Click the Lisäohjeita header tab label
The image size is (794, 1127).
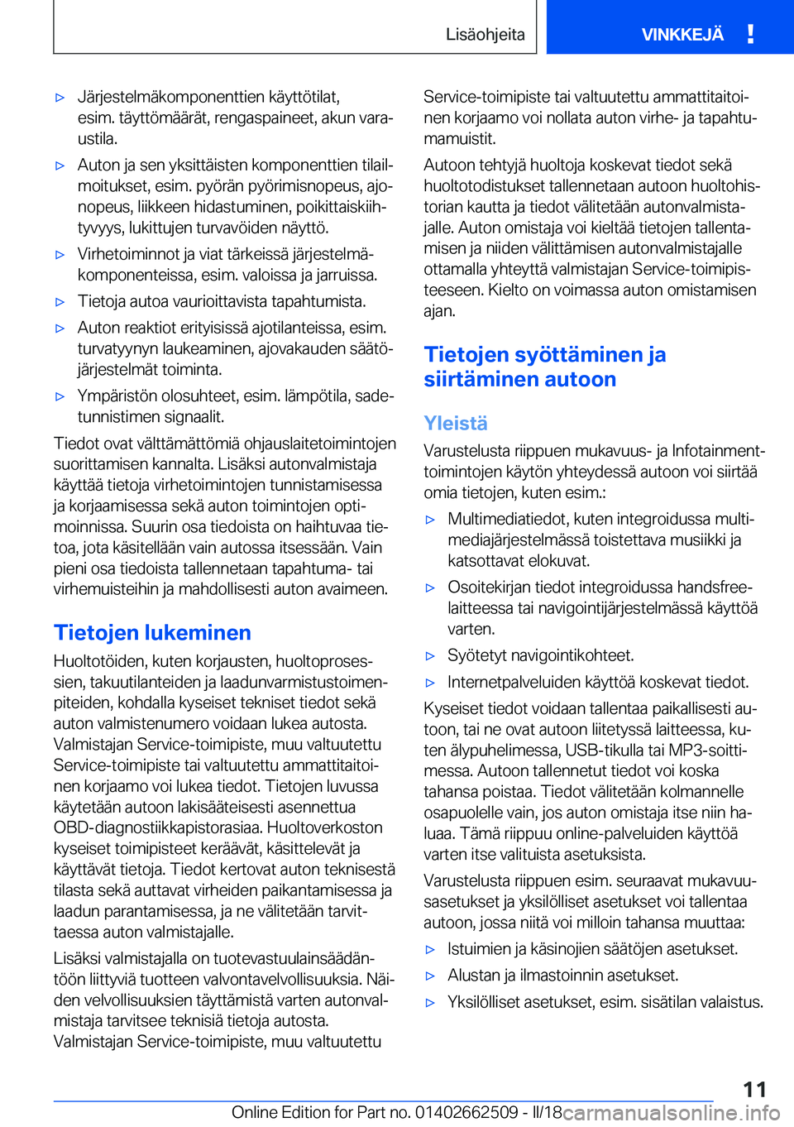pyautogui.click(x=485, y=34)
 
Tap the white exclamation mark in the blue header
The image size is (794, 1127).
pyautogui.click(x=750, y=34)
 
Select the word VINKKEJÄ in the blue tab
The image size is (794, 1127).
pyautogui.click(x=682, y=34)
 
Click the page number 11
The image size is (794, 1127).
pyautogui.click(x=754, y=1089)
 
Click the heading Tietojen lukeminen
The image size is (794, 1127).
pyautogui.click(x=152, y=632)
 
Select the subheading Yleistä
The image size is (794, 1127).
pyautogui.click(x=456, y=423)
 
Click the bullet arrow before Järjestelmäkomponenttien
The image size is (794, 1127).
pyautogui.click(x=60, y=98)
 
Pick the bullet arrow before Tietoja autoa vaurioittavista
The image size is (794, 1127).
pyautogui.click(x=60, y=302)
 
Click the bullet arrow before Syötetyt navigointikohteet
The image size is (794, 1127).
pyautogui.click(x=430, y=656)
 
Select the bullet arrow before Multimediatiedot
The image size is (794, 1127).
pyautogui.click(x=430, y=520)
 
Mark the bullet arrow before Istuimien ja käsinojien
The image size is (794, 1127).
pyautogui.click(x=430, y=949)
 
